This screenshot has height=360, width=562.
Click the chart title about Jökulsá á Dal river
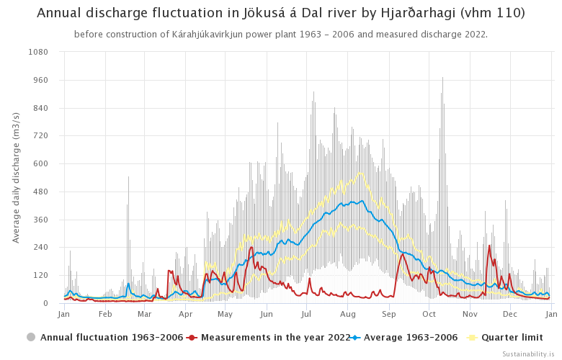click(281, 13)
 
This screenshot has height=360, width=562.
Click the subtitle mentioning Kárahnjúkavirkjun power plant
click(281, 35)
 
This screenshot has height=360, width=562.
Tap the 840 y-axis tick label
click(41, 108)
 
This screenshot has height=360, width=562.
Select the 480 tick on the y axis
click(41, 192)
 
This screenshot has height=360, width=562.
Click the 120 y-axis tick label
click(41, 275)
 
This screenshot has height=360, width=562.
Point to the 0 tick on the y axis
click(45, 303)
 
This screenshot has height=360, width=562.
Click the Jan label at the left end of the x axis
click(64, 315)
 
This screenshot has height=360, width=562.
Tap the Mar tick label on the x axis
click(144, 315)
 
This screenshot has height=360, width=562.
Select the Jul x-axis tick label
click(307, 315)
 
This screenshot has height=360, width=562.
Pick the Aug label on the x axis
click(348, 315)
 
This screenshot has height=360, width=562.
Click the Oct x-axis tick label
click(429, 315)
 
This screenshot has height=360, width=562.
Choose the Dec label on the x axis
click(510, 315)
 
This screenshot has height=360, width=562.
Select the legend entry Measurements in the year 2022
click(275, 337)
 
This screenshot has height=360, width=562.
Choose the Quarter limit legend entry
click(509, 337)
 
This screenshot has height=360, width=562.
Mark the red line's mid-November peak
click(489, 246)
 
